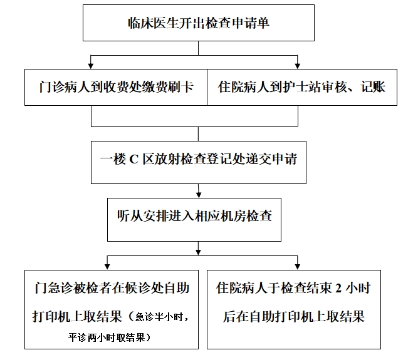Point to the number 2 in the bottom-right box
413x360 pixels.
339,289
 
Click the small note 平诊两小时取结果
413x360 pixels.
110,337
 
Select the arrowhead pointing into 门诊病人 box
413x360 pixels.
92,64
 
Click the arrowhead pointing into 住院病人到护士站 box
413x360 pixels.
298,64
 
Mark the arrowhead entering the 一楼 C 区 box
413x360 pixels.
199,137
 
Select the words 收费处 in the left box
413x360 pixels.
123,87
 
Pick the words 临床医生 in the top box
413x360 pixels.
145,24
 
